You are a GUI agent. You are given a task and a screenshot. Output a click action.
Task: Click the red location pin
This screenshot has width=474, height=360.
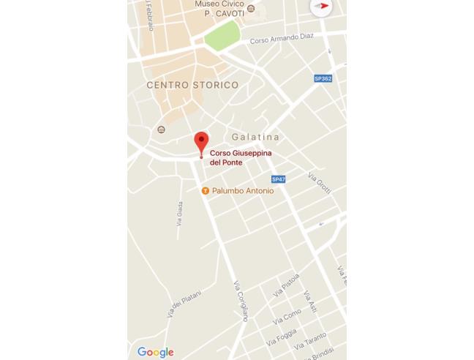click(201, 142)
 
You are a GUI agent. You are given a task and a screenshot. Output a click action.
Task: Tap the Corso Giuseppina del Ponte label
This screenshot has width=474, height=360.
click(241, 157)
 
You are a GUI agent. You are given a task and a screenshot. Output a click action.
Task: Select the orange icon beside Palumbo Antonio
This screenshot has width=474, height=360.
click(206, 191)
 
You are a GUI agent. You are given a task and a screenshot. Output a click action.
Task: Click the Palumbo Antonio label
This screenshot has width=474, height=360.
click(243, 191)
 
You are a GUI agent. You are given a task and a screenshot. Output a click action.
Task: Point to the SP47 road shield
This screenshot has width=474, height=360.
click(278, 179)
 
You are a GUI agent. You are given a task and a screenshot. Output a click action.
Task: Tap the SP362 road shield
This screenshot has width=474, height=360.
click(323, 78)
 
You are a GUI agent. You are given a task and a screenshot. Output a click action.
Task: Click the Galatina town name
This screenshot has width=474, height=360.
click(255, 137)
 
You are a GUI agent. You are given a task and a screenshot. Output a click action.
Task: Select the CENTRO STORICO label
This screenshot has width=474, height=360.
click(192, 85)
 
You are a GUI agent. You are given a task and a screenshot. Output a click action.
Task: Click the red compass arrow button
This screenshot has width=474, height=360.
click(321, 7)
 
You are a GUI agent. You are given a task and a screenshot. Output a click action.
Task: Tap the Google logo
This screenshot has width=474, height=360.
click(155, 352)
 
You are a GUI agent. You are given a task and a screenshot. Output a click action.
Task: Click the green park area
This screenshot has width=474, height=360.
click(222, 35)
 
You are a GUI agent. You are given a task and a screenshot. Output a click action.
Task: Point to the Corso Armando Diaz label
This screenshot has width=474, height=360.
click(282, 38)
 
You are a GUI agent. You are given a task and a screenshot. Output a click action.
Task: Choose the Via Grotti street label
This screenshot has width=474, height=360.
click(320, 183)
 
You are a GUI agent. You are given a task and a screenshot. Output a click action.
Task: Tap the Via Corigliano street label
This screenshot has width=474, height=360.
click(241, 301)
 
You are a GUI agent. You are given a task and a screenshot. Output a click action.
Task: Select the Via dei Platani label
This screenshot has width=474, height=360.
click(184, 303)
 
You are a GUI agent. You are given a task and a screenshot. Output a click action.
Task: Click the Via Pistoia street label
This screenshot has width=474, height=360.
click(286, 284)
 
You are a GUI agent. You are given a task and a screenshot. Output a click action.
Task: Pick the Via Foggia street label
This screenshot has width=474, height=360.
click(282, 337)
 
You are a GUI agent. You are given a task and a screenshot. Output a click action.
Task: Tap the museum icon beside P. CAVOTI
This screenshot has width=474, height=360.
click(252, 9)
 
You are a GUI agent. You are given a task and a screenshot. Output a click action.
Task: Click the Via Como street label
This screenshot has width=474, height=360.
click(287, 316)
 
